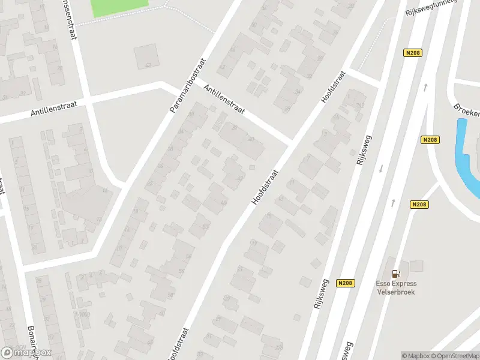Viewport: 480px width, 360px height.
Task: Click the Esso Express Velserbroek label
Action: pos(396,287)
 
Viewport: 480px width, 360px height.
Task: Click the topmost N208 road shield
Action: pos(413,53)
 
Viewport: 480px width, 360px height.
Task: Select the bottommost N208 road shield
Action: pos(345,283)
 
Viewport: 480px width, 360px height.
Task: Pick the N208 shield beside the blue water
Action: pos(430,140)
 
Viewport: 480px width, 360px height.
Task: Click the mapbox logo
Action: pos(26,352)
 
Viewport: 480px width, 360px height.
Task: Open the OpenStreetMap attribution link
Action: pos(454,355)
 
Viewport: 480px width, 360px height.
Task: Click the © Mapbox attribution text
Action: pos(414,355)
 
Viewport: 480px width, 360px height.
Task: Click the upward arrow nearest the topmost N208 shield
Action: pos(425,88)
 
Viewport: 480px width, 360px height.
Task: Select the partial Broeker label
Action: pos(467,111)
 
